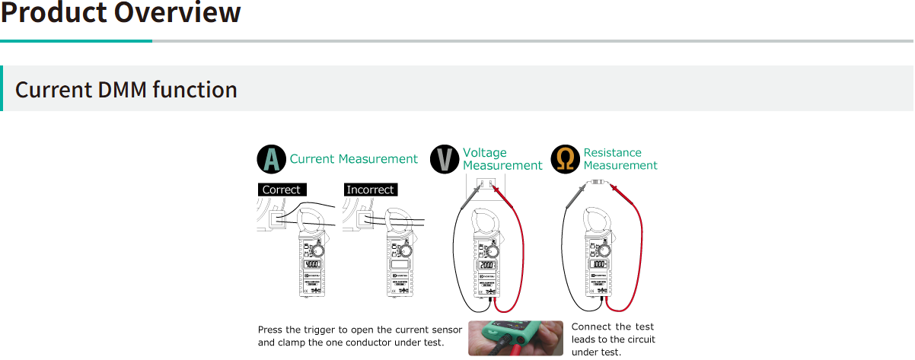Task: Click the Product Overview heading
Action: pyautogui.click(x=120, y=14)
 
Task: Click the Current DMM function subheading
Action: pyautogui.click(x=126, y=90)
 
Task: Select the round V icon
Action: pyautogui.click(x=445, y=159)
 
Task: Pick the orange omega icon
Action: pyautogui.click(x=566, y=159)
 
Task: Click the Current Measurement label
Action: pyautogui.click(x=354, y=159)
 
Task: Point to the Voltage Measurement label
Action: pyautogui.click(x=502, y=159)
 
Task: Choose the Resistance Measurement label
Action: pyautogui.click(x=620, y=159)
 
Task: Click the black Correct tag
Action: pyautogui.click(x=282, y=190)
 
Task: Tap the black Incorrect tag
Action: pyautogui.click(x=370, y=190)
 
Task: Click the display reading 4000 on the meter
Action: pyautogui.click(x=312, y=265)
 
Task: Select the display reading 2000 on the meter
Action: pyautogui.click(x=488, y=265)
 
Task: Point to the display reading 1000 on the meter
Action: pyautogui.click(x=600, y=265)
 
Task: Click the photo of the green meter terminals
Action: pyautogui.click(x=515, y=337)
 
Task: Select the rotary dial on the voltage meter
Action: pyautogui.click(x=494, y=250)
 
